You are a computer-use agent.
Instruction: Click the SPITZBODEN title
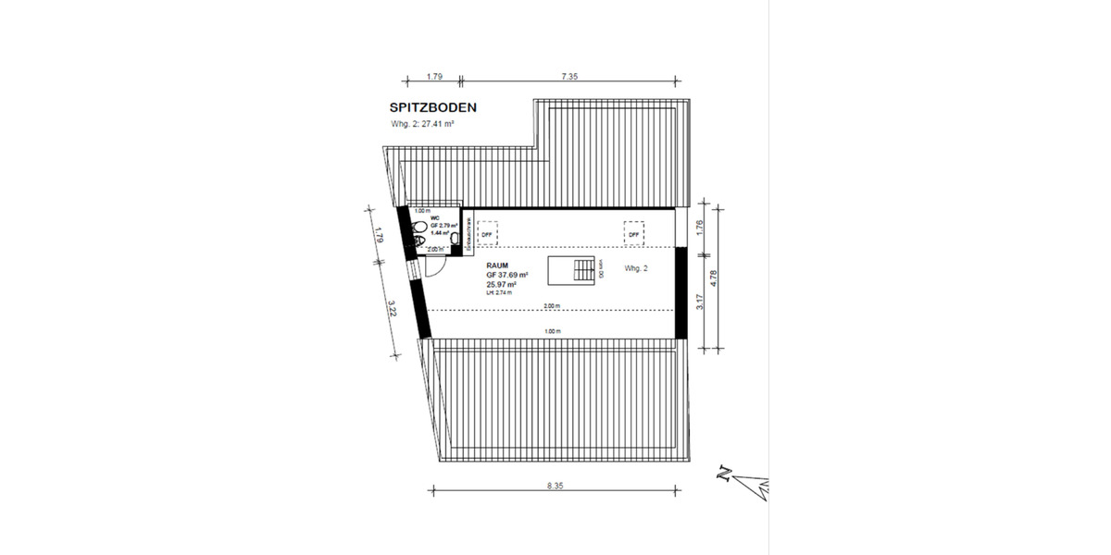[x=433, y=108]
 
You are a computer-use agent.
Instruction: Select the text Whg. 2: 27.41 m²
[x=428, y=124]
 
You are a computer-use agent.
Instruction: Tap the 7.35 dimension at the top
[x=568, y=78]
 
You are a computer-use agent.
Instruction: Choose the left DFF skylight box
[x=486, y=233]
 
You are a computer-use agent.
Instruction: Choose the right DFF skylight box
[x=633, y=233]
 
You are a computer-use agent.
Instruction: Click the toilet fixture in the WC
[x=419, y=228]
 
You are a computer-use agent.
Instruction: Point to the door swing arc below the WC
[x=436, y=264]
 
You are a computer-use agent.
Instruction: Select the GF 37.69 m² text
[x=506, y=275]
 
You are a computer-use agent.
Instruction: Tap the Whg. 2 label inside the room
[x=638, y=268]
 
